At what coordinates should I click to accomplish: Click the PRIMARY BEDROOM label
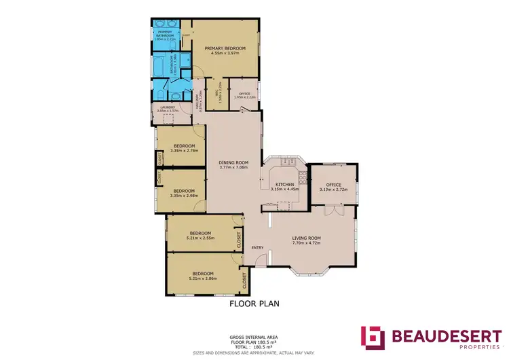[x=225, y=48]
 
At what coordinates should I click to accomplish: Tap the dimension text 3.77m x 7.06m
[x=233, y=168]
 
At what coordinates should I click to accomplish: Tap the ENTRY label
[x=257, y=247]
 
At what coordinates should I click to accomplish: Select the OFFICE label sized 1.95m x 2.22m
[x=244, y=94]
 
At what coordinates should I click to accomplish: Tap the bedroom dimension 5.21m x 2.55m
[x=200, y=238]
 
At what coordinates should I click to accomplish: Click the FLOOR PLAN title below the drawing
[x=254, y=304]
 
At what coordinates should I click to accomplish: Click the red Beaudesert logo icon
[x=373, y=338]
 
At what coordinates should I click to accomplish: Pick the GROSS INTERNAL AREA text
[x=254, y=337]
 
